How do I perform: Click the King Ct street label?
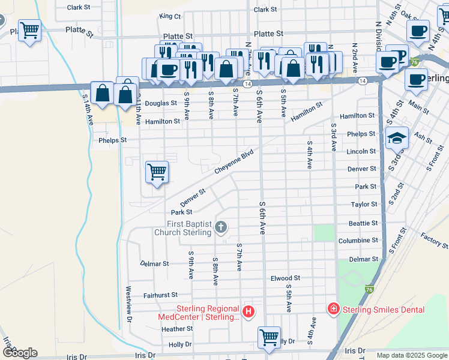170,16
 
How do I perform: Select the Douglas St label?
161,103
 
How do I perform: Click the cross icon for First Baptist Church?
221,227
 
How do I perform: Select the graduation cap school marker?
397,139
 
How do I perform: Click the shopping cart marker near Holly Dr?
270,336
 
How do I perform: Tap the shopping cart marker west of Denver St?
157,172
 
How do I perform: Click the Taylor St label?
364,205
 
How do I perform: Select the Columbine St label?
358,241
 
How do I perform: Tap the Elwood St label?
285,278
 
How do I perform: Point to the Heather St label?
176,329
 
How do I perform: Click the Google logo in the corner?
20,353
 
